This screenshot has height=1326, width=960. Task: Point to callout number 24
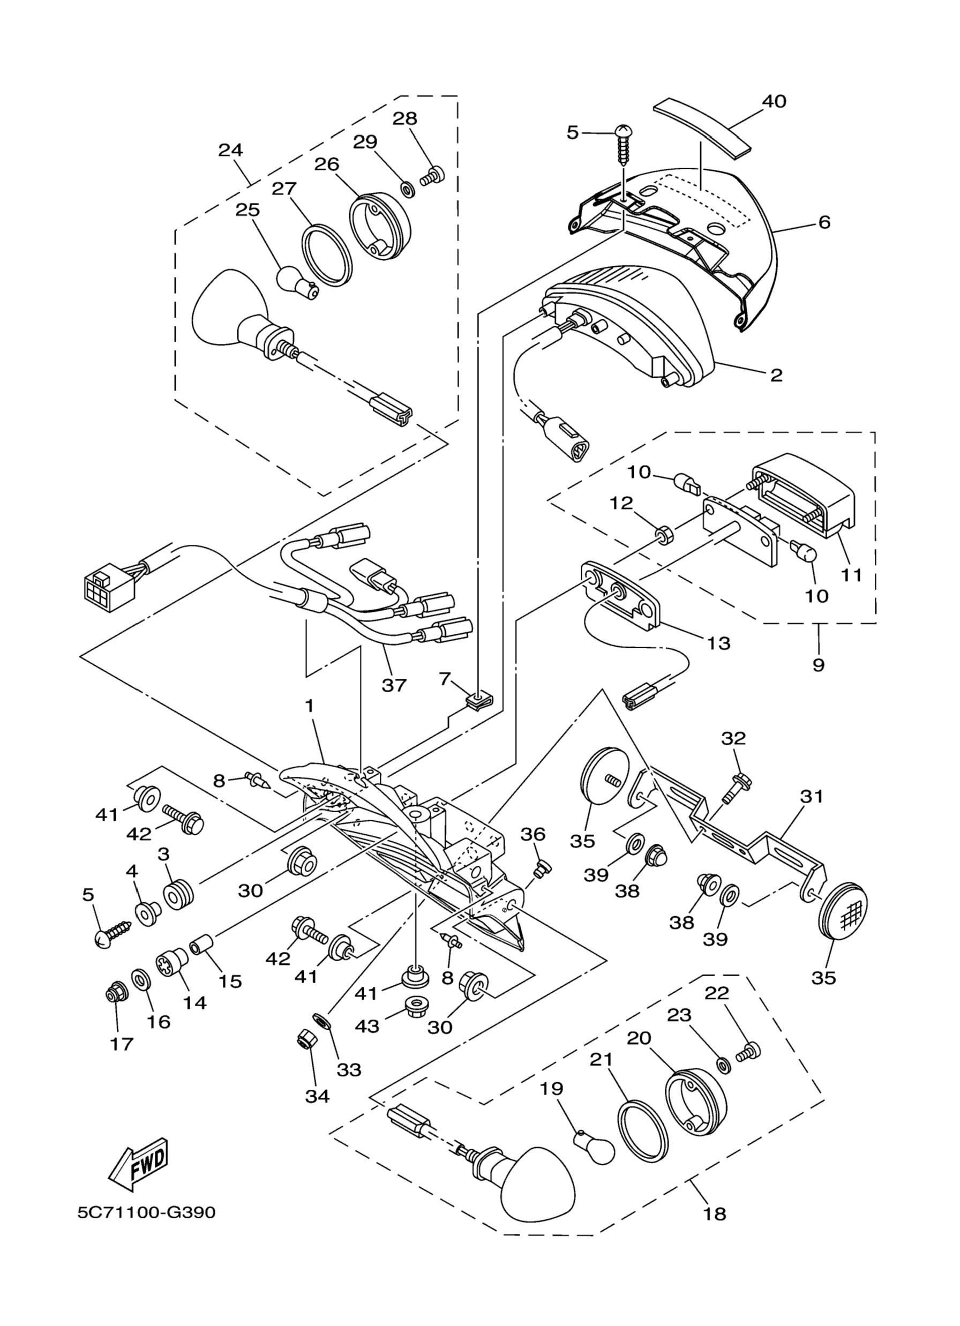pos(230,150)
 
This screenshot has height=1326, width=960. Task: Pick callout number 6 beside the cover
pos(824,222)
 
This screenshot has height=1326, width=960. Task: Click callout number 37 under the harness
pos(394,685)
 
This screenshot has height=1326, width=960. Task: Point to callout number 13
pos(718,643)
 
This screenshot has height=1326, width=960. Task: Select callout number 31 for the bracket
pos(811,796)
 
